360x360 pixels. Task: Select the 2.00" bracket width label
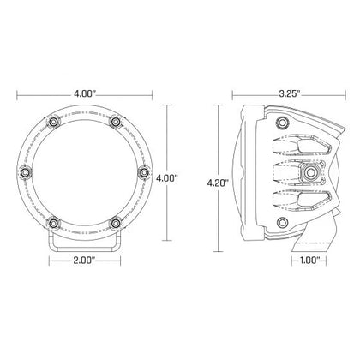pyautogui.click(x=84, y=258)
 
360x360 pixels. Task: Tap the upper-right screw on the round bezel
pyautogui.click(x=114, y=123)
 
